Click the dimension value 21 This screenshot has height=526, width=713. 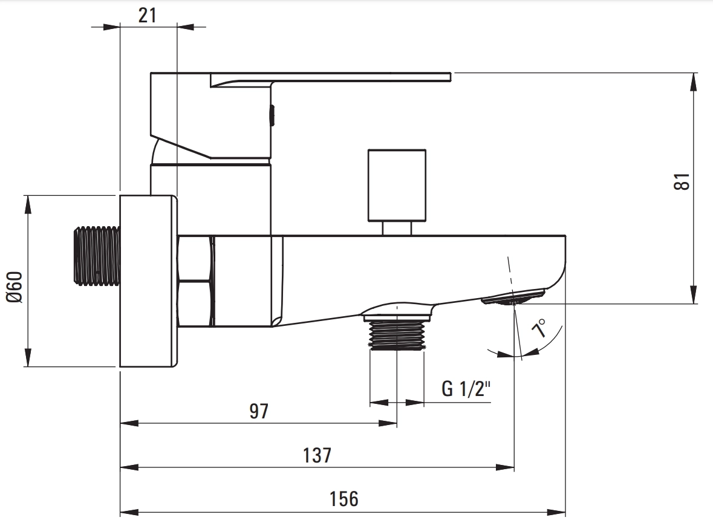click(x=148, y=16)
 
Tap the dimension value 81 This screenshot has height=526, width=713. click(x=682, y=182)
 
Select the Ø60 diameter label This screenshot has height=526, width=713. click(x=14, y=287)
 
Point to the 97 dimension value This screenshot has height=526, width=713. click(x=259, y=411)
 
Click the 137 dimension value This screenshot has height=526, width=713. click(x=317, y=455)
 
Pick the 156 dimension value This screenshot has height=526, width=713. click(x=343, y=499)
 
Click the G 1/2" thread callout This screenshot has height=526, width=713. click(x=466, y=389)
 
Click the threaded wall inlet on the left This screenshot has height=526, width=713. click(x=97, y=256)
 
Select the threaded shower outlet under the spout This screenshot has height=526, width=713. click(x=397, y=335)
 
